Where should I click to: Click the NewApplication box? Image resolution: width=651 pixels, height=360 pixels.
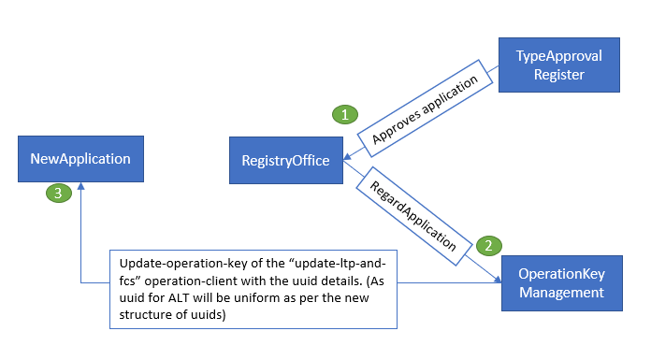80,158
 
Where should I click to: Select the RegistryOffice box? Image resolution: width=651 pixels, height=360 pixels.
285,160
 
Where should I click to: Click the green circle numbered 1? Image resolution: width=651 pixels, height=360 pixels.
346,115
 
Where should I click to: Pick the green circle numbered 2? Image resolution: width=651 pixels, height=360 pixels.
486,246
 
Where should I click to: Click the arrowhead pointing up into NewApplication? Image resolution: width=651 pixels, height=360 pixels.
80,187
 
